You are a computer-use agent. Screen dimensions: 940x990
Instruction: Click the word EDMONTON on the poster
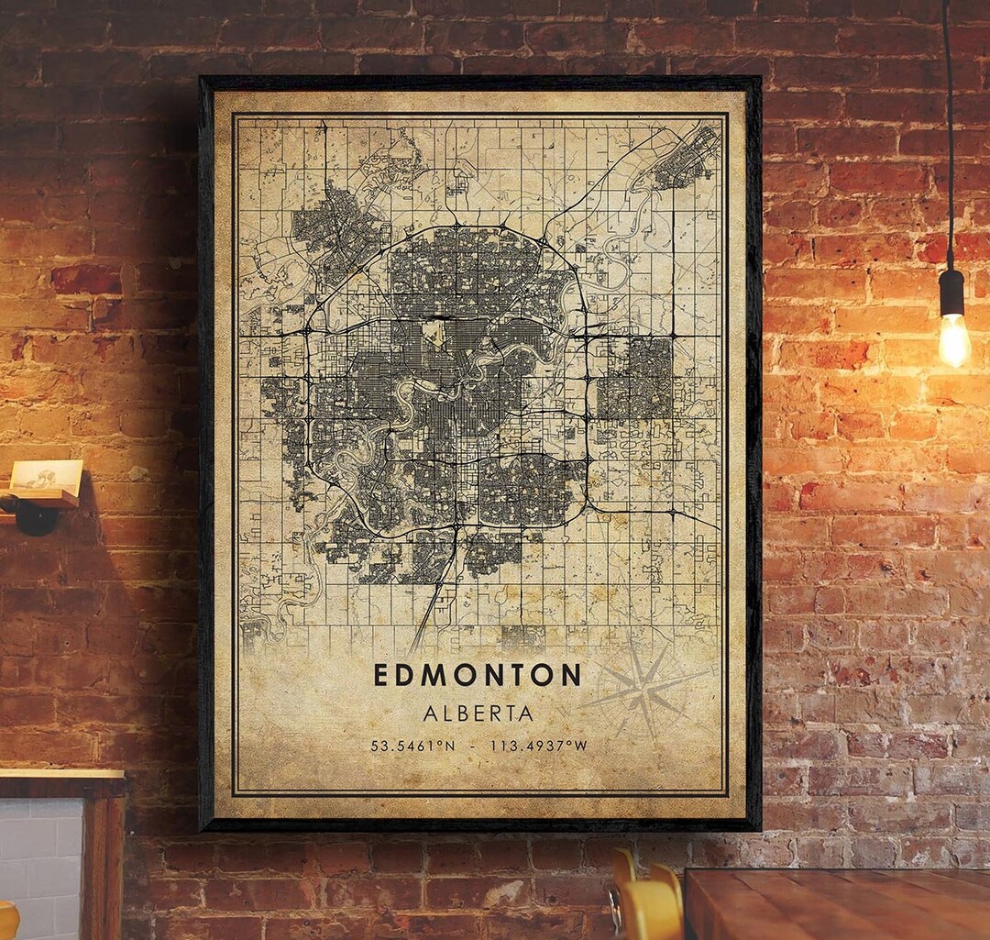coord(477,675)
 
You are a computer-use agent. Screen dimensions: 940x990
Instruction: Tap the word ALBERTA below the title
coord(478,713)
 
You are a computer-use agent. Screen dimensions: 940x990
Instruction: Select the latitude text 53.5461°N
coord(412,746)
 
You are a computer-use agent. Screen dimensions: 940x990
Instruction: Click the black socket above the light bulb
coord(951,293)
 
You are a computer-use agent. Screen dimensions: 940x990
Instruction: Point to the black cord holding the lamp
coord(948,138)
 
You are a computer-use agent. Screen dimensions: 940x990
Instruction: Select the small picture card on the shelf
coord(46,475)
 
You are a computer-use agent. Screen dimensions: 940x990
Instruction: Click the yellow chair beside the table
coord(646,903)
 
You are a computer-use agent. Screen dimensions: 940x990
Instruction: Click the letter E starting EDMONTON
coord(381,675)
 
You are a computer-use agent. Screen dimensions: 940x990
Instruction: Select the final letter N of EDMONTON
coord(571,675)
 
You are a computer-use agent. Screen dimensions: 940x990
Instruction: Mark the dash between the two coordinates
coord(471,746)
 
